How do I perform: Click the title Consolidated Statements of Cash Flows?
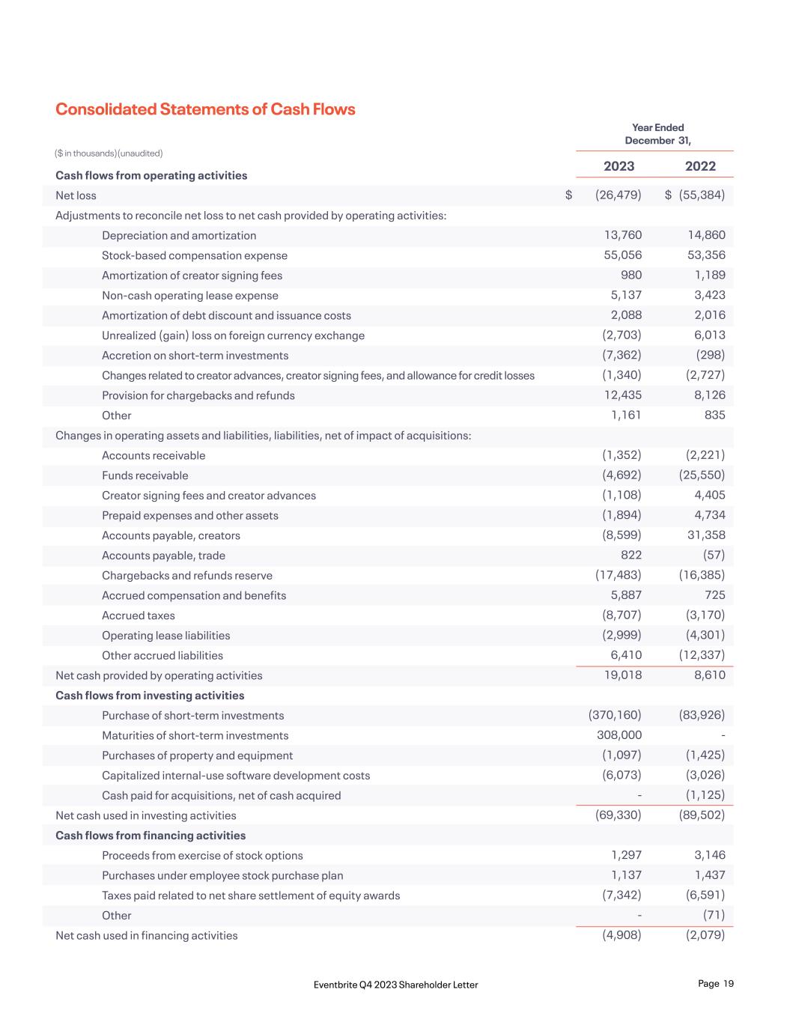[x=205, y=109]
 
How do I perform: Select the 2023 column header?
[x=619, y=166]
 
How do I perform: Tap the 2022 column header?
[x=700, y=166]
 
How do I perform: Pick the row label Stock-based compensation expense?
[x=195, y=255]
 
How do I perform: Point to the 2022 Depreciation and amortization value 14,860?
[x=706, y=235]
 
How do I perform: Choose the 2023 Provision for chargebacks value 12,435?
[x=622, y=395]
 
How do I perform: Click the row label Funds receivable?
[x=145, y=475]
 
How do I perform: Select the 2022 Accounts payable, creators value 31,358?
[x=706, y=535]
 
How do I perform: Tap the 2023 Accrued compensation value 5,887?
[x=626, y=594]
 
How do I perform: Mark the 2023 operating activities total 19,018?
[x=622, y=675]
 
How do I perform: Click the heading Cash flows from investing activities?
[x=150, y=696]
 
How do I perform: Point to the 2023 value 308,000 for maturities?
[x=619, y=735]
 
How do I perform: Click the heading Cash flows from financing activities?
[x=151, y=836]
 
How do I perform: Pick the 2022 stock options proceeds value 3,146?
[x=709, y=855]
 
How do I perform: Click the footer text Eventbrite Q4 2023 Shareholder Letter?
[x=395, y=985]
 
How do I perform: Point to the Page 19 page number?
[x=715, y=984]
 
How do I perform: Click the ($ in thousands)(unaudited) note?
[x=109, y=153]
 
